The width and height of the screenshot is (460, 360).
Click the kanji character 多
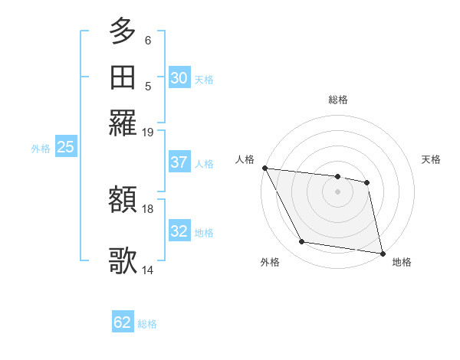tap(123, 31)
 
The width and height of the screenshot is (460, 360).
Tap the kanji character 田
tap(123, 77)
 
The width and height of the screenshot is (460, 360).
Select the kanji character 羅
tap(123, 123)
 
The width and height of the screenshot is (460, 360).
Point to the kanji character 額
tap(123, 201)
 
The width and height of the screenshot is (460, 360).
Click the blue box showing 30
tap(179, 78)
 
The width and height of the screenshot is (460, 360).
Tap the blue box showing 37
tap(179, 162)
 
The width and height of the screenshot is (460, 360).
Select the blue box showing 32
tap(179, 231)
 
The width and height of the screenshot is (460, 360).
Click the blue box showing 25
tap(65, 148)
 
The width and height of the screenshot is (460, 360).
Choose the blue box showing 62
tap(123, 322)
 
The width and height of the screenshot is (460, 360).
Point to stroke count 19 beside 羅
tap(148, 133)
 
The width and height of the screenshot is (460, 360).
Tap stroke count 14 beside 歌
tap(148, 270)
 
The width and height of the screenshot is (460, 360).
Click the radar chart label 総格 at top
tap(338, 100)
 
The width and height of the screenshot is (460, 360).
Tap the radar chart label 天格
tap(431, 159)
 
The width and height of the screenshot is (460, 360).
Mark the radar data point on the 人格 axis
tap(264, 168)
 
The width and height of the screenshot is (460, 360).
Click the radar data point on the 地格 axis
tap(383, 253)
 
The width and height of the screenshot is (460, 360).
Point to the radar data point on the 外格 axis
tap(302, 242)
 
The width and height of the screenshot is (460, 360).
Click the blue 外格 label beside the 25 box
tap(40, 149)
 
